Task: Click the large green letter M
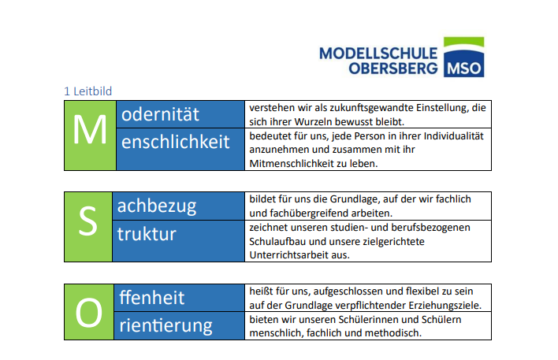click(x=90, y=130)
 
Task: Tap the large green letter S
click(x=88, y=221)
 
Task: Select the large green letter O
click(x=89, y=313)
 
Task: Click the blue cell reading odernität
click(x=180, y=114)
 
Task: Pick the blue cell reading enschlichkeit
click(x=180, y=149)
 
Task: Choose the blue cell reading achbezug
click(x=178, y=206)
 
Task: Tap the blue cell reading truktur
click(x=178, y=241)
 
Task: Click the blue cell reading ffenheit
click(x=180, y=298)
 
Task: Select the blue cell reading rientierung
click(x=180, y=325)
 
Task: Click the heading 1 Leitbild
click(x=88, y=91)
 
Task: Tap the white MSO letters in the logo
click(x=463, y=69)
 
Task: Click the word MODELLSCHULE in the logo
click(x=378, y=54)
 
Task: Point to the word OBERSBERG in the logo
click(x=393, y=69)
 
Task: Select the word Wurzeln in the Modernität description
click(x=307, y=121)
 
